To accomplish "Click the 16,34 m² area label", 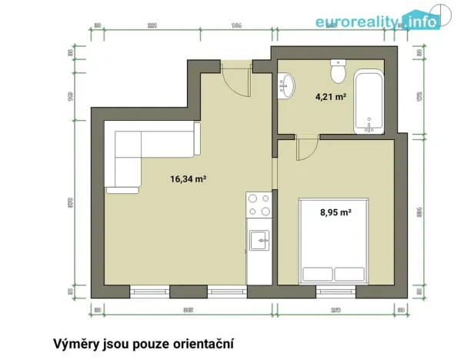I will (x=188, y=178).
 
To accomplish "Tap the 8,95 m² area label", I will (x=336, y=213).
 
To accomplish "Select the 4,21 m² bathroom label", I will (x=330, y=97).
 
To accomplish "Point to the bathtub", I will (x=371, y=102).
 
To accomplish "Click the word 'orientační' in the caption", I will (x=198, y=342).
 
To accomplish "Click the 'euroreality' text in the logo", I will (x=356, y=22).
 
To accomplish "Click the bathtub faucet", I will (x=371, y=126).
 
